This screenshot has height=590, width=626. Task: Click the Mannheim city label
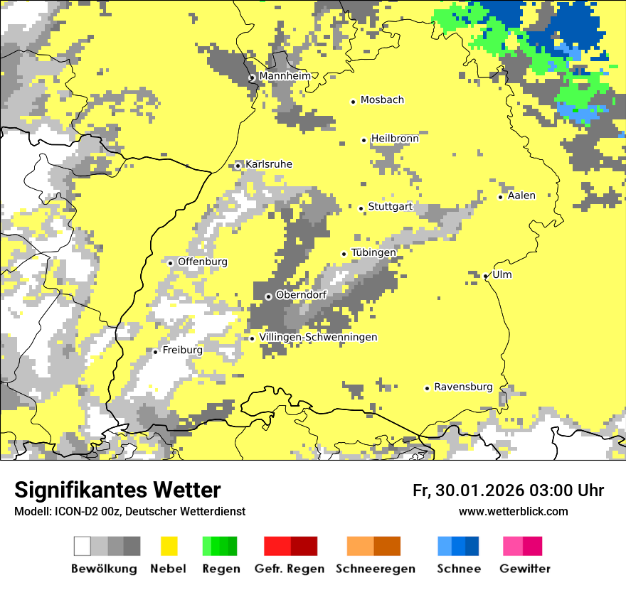(285, 76)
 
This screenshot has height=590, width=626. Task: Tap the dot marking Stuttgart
(361, 208)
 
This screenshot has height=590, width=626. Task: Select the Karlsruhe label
(268, 164)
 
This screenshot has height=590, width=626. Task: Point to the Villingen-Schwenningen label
(318, 337)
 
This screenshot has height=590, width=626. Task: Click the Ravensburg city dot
(427, 388)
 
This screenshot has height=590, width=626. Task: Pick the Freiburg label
(182, 350)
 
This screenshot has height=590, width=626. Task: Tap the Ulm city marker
(486, 277)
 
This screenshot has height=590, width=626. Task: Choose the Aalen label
(521, 195)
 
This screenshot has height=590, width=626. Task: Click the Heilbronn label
(395, 139)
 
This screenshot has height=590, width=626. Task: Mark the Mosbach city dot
(353, 102)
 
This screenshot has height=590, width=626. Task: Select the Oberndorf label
(301, 295)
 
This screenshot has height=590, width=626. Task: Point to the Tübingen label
(373, 252)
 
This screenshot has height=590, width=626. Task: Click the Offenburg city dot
(171, 263)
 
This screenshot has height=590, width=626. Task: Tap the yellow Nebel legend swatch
(169, 546)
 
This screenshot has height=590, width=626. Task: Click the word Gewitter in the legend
(524, 569)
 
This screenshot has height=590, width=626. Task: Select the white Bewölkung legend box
(83, 546)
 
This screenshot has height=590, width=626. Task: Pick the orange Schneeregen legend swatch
(360, 546)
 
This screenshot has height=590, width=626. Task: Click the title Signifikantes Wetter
(117, 490)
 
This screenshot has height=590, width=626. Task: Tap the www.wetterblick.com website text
(513, 511)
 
